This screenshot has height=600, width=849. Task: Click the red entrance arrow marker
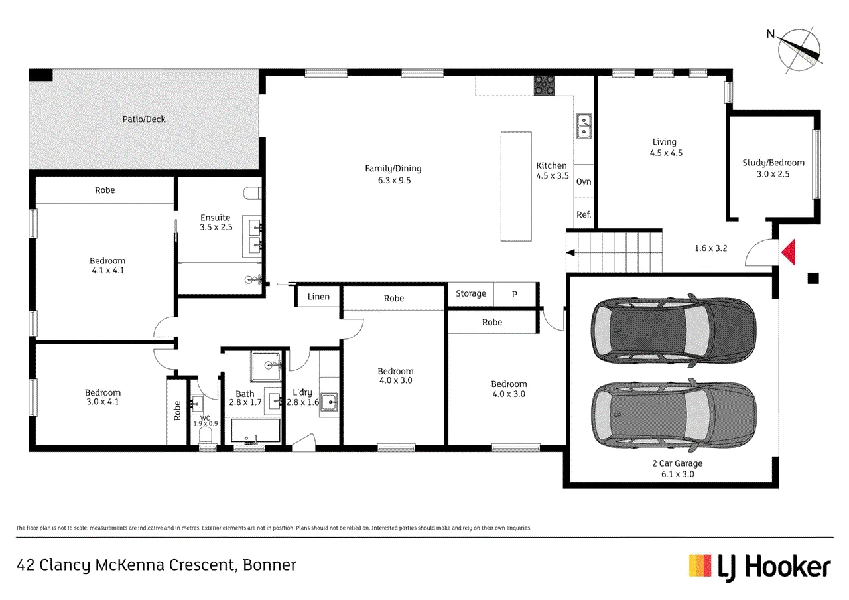tap(789, 252)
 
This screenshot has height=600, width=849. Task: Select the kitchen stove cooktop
tap(545, 86)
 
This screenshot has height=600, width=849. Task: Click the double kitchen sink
tap(584, 126)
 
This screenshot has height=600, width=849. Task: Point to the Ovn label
tap(584, 181)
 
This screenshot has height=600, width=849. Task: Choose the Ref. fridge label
tap(584, 214)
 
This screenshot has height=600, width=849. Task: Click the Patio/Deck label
tap(144, 119)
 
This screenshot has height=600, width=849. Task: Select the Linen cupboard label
tap(318, 297)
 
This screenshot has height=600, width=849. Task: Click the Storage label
tap(471, 293)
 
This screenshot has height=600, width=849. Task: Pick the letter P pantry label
tap(514, 294)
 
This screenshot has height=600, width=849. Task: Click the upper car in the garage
tap(673, 329)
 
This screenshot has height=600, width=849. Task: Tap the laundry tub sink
tap(329, 402)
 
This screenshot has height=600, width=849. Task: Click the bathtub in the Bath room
tap(255, 431)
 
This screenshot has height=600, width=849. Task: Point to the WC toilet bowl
tap(206, 435)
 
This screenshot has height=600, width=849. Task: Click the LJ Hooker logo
tap(759, 567)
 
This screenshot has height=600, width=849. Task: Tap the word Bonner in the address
tap(269, 565)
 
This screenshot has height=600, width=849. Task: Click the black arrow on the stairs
tap(570, 252)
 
